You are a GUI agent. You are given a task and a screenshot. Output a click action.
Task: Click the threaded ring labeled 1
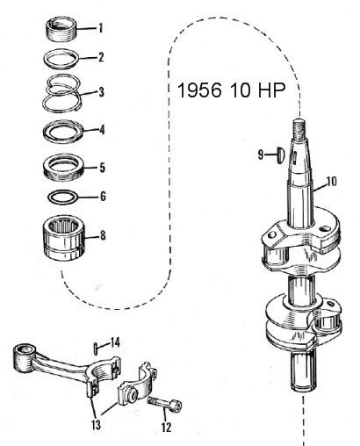62,30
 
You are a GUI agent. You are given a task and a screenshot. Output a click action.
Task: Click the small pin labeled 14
96,349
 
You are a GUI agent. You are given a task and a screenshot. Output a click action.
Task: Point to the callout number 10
331,182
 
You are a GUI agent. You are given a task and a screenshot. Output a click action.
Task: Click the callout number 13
96,425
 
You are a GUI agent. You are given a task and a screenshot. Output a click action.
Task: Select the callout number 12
166,428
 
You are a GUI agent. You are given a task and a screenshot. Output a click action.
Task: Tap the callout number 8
103,235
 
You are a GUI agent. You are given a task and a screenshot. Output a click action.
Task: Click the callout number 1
100,28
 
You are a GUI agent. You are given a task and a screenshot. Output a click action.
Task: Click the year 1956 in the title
199,90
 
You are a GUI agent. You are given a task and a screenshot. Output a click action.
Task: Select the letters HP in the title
271,90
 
